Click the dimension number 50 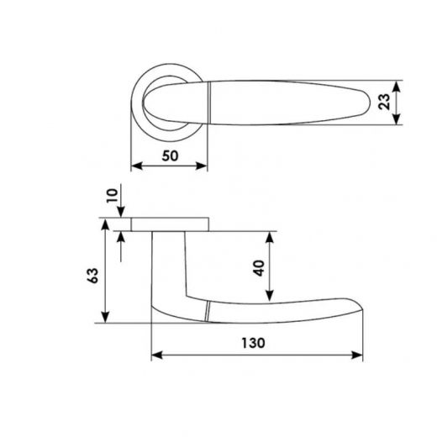pyautogui.click(x=170, y=155)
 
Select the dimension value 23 pyautogui.click(x=384, y=102)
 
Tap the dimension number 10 pyautogui.click(x=112, y=196)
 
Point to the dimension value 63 pyautogui.click(x=93, y=276)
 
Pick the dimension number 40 pyautogui.click(x=260, y=268)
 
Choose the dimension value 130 pyautogui.click(x=253, y=343)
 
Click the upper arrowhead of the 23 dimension pyautogui.click(x=396, y=87)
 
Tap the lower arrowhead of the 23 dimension pyautogui.click(x=396, y=118)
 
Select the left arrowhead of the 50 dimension pyautogui.click(x=137, y=166)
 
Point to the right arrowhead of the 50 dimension pyautogui.click(x=201, y=166)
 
